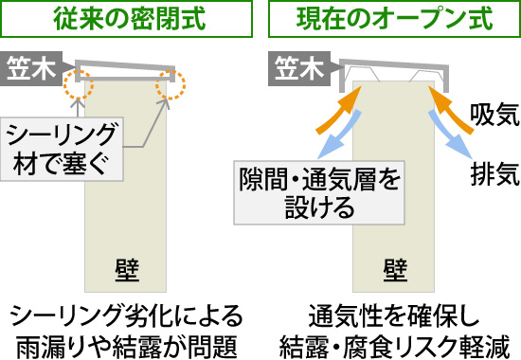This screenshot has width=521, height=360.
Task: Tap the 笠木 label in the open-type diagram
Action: tap(298, 68)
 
